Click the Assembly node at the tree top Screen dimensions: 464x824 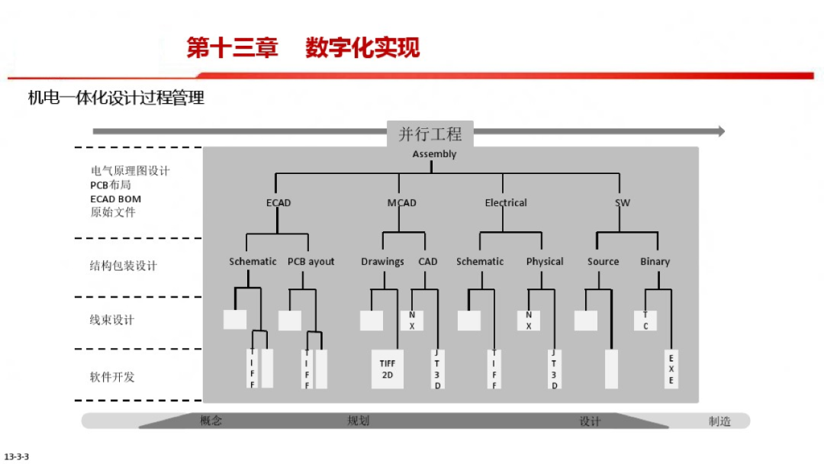coord(434,154)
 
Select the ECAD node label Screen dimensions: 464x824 coord(278,203)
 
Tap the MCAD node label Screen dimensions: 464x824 coord(402,203)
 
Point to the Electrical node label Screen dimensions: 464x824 coord(506,203)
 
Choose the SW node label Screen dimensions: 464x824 coord(623,203)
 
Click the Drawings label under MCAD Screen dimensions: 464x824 coord(382,262)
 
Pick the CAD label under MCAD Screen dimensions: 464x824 coord(428,262)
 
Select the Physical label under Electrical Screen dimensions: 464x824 coord(545,262)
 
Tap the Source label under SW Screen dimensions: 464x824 coord(603,262)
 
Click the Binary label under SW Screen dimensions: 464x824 coord(655,262)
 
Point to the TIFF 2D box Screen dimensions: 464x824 coord(388,369)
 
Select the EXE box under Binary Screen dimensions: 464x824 coord(671,369)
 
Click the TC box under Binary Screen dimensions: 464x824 coord(645,320)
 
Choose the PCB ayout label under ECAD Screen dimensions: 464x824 coord(311,262)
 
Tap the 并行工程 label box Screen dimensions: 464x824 coord(430,134)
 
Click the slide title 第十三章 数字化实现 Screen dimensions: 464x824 coord(304,48)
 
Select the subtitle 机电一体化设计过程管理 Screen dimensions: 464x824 coord(116,98)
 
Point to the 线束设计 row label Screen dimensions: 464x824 coord(111,320)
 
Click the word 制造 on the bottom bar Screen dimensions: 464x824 coord(719,420)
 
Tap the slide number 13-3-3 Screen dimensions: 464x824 coord(17,456)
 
